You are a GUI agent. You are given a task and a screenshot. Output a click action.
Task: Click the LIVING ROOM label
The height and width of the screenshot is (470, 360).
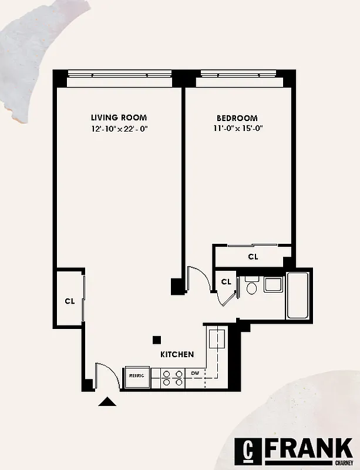119,117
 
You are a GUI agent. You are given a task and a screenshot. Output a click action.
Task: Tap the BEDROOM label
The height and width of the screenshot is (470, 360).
237,117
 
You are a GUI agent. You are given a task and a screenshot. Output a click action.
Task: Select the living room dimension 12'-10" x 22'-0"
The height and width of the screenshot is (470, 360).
119,129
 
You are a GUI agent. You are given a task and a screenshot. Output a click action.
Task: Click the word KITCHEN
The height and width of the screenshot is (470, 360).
177,355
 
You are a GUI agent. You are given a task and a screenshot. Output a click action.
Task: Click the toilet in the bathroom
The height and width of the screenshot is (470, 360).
251,287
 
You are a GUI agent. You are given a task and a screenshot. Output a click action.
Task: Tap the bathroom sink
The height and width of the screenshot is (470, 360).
272,284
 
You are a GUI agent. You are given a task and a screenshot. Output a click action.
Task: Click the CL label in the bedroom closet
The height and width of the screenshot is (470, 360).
253,257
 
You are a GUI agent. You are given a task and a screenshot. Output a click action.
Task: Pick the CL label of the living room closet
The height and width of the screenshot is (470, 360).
69,301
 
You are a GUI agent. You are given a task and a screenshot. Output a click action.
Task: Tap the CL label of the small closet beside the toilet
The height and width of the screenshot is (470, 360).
226,282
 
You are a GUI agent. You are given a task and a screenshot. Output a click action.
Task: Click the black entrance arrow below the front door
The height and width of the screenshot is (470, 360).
107,402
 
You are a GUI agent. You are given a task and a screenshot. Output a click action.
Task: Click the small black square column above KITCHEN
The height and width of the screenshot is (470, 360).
157,339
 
